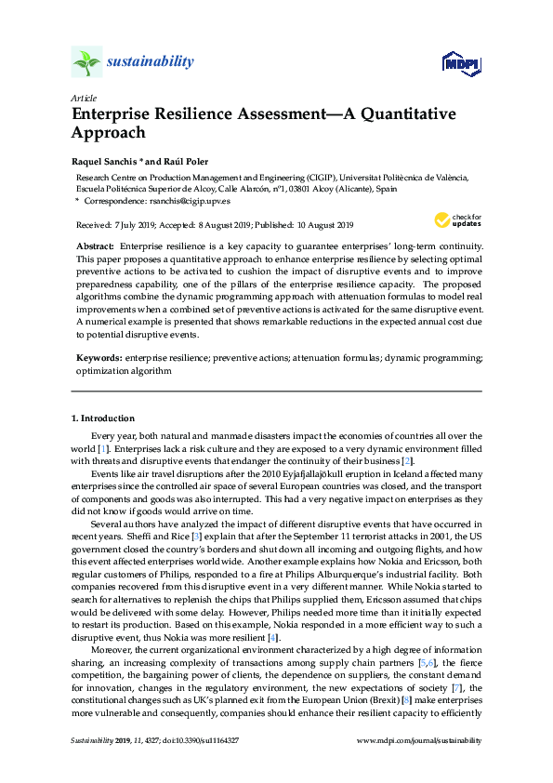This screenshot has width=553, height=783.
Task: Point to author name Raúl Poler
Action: click(165, 160)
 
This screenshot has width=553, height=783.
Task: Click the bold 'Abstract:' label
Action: click(95, 246)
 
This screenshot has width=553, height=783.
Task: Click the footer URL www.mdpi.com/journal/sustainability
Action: click(419, 740)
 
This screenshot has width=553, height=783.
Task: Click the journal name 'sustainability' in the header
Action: click(151, 62)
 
